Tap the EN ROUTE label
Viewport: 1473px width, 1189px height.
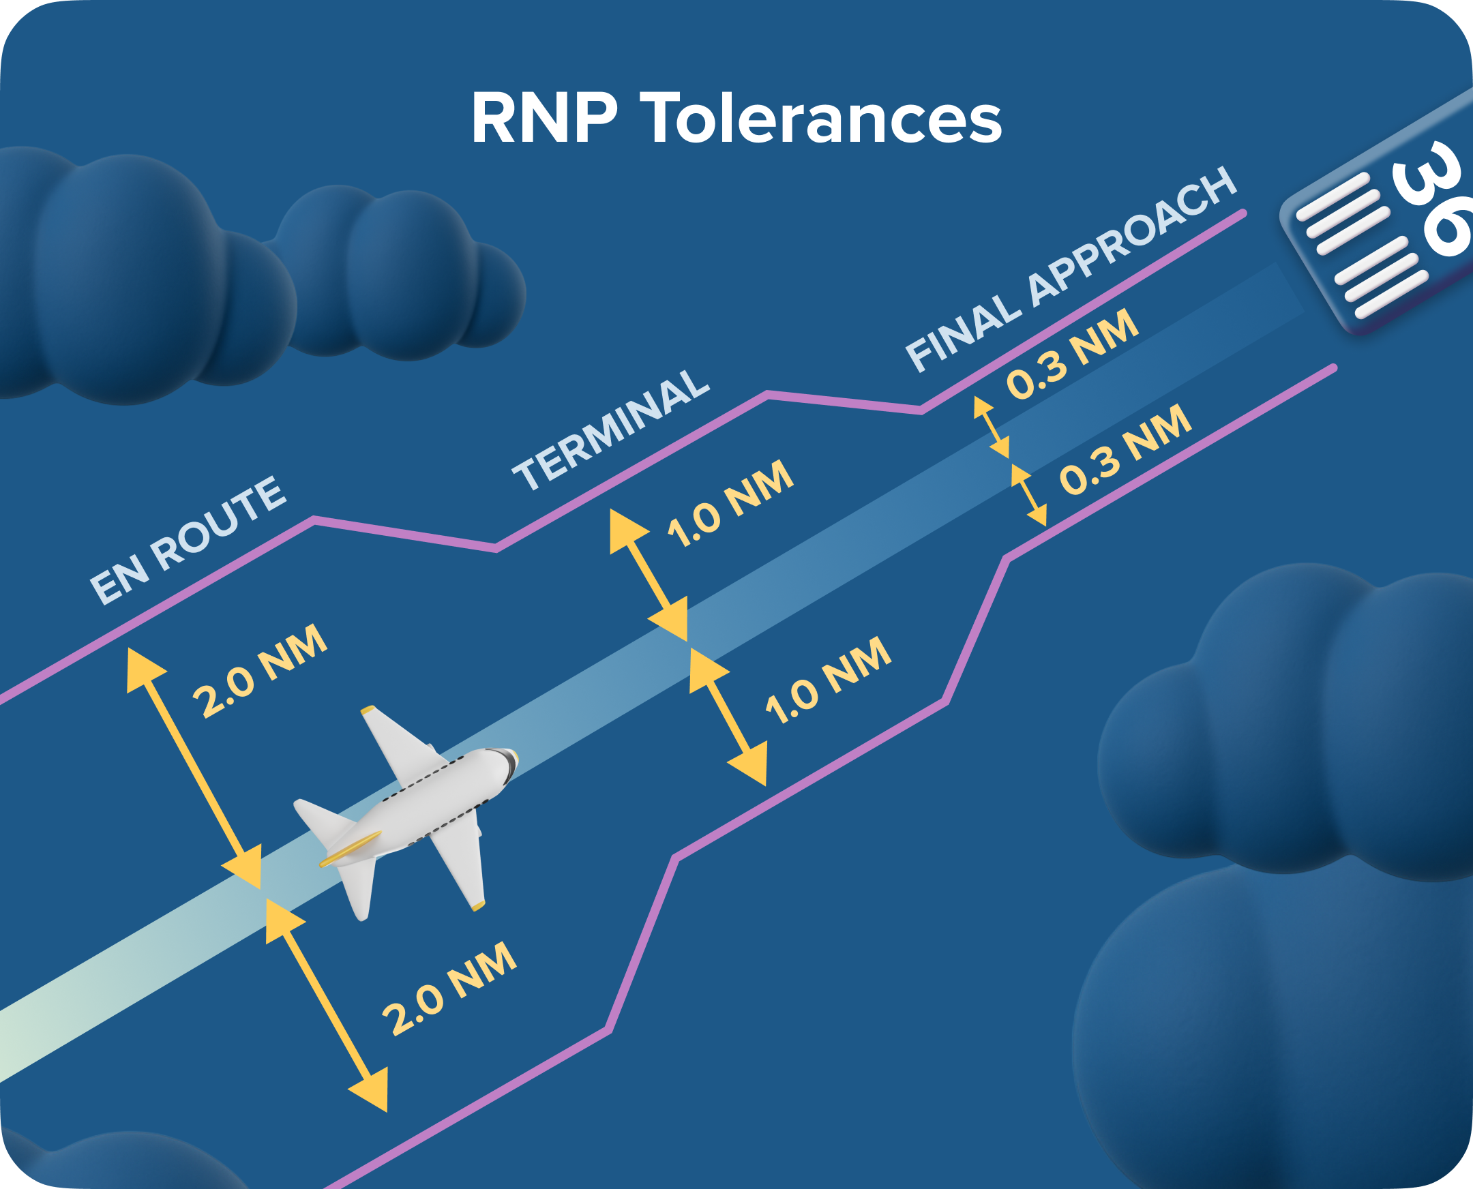click(x=187, y=541)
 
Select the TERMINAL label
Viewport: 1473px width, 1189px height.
click(x=611, y=431)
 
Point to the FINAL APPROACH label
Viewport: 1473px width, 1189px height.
click(x=1071, y=270)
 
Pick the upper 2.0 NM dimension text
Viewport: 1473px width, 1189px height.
click(x=261, y=672)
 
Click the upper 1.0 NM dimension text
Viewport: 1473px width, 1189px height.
click(x=730, y=504)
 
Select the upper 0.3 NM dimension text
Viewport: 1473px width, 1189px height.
click(x=1073, y=354)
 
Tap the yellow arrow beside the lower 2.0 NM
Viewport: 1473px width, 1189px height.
click(x=327, y=1005)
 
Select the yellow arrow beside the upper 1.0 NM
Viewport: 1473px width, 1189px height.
click(x=648, y=575)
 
